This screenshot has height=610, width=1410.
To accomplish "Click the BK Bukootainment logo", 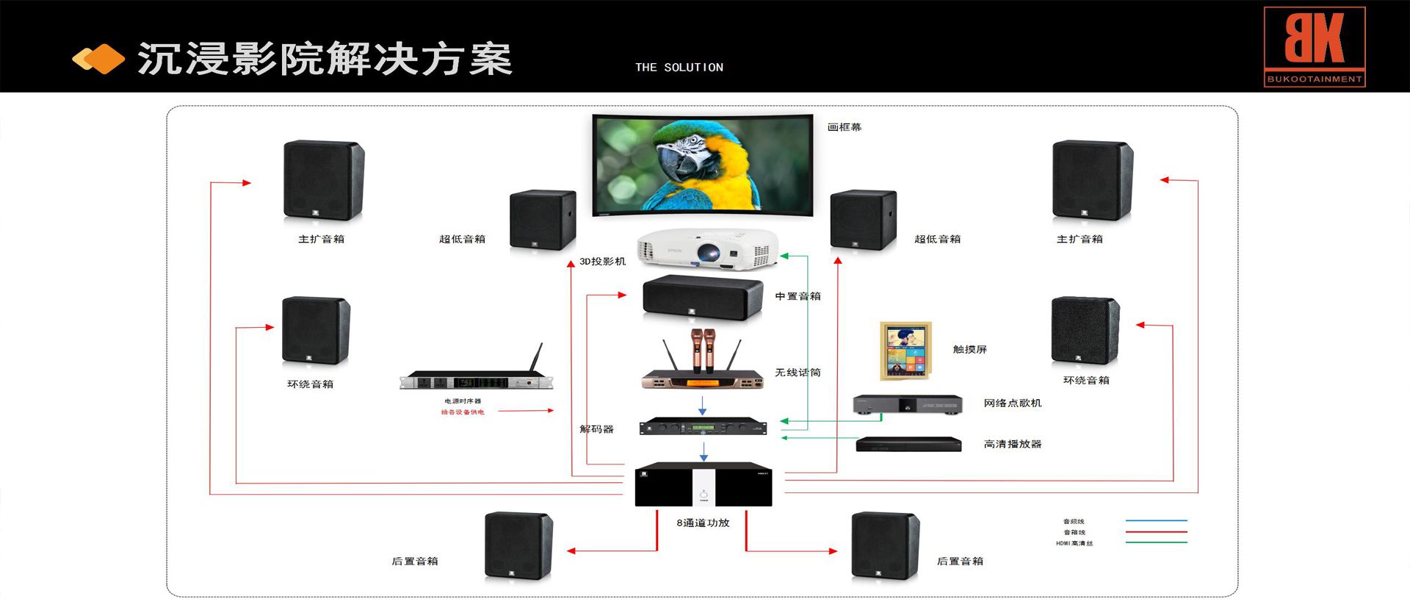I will [x=1314, y=47].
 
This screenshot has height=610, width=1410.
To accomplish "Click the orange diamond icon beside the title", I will [x=98, y=59].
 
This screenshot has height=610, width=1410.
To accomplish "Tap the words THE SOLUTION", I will [x=679, y=68].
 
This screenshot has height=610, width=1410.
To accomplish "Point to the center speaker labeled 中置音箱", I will [x=702, y=297].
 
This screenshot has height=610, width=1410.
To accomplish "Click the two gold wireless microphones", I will [x=703, y=348].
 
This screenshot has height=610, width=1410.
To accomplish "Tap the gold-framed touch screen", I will [x=905, y=350].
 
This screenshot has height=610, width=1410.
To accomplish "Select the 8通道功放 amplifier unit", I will [x=703, y=484].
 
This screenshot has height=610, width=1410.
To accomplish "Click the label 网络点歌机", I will [x=1012, y=403].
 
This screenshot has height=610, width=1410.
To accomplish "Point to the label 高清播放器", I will [x=1012, y=444].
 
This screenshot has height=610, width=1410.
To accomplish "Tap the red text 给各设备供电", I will [x=463, y=412].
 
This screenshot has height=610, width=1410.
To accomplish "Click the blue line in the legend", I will [x=1156, y=520].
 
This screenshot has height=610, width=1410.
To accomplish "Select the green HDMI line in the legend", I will [x=1156, y=542].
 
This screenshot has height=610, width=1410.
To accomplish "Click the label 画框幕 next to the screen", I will [x=844, y=127].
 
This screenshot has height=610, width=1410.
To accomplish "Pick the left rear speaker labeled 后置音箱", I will [x=518, y=545].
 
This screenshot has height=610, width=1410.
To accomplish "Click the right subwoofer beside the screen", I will [x=863, y=220].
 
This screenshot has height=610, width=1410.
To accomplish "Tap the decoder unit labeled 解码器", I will [x=703, y=426].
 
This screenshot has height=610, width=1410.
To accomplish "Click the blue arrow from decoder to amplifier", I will [x=704, y=451].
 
